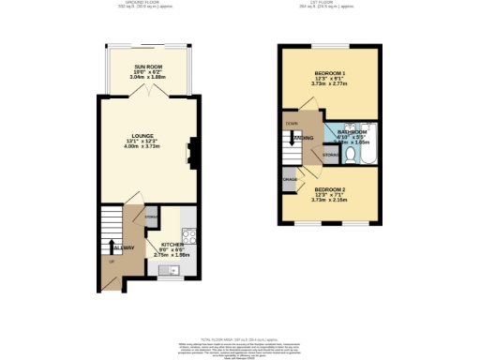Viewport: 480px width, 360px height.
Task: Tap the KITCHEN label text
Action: [x=172, y=245]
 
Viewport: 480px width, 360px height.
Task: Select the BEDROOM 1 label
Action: [x=329, y=73]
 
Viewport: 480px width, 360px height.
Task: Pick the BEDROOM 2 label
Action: [x=329, y=188]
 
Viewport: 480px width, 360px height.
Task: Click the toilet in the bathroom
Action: [x=350, y=154]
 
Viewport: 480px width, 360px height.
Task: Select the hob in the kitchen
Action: [x=187, y=236]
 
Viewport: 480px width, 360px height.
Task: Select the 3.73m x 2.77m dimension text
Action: [x=329, y=84]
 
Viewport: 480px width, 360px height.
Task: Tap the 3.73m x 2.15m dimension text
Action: [x=329, y=200]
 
